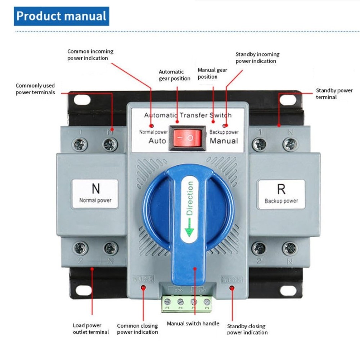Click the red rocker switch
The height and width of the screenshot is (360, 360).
pyautogui.click(x=187, y=138)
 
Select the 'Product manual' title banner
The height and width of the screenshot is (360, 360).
pyautogui.click(x=62, y=16)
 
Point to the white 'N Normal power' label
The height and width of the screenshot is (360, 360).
pyautogui.click(x=95, y=193)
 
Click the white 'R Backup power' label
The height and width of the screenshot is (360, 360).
pyautogui.click(x=281, y=194)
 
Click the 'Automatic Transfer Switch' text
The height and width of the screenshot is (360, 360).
pyautogui.click(x=188, y=115)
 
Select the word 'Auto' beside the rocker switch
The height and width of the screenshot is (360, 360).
pyautogui.click(x=157, y=140)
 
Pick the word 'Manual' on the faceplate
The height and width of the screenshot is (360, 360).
pyautogui.click(x=224, y=140)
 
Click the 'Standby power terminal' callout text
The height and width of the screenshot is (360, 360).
pyautogui.click(x=334, y=94)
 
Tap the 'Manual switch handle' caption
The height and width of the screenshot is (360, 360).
pyautogui.click(x=193, y=323)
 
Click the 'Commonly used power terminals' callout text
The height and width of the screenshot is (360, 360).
pyautogui.click(x=35, y=89)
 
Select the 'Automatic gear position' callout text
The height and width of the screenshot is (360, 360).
pyautogui.click(x=175, y=75)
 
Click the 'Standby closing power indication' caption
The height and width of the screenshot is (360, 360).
pyautogui.click(x=247, y=329)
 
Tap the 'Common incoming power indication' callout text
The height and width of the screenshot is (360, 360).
pyautogui.click(x=90, y=55)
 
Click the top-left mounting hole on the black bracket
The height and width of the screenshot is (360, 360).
pyautogui.click(x=82, y=99)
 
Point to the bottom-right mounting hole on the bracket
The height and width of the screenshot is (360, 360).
pyautogui.click(x=288, y=290)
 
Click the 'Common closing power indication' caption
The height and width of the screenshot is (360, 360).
pyautogui.click(x=138, y=329)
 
